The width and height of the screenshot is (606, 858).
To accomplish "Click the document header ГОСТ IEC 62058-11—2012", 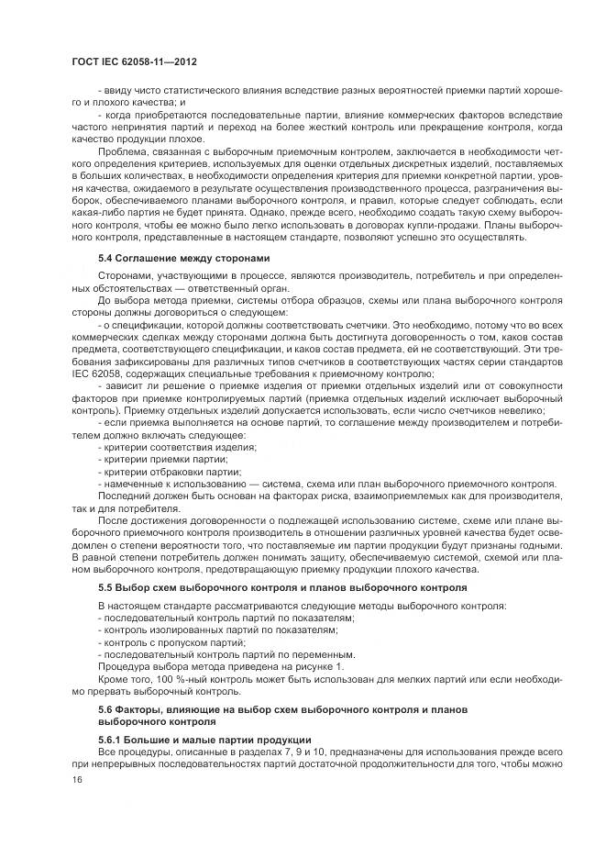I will tap(136, 61).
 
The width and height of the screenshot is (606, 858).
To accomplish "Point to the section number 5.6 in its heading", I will tap(106, 711).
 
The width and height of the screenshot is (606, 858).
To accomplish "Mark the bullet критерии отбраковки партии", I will tap(171, 470).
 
